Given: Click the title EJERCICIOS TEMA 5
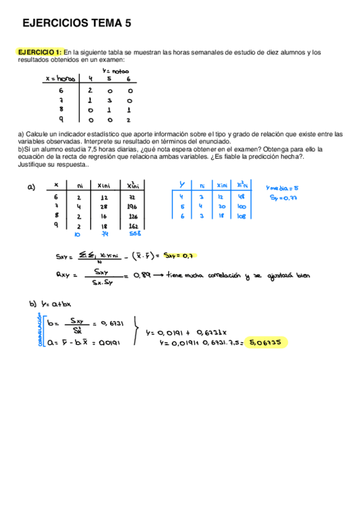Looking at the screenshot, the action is click(76, 23).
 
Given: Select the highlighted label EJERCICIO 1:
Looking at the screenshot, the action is click(40, 52).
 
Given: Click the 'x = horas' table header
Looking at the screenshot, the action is click(59, 79).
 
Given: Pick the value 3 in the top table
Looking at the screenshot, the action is click(109, 100).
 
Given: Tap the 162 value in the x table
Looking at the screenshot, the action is click(133, 226).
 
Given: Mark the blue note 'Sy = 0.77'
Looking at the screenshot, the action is click(281, 197).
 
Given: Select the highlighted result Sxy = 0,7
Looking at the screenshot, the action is click(181, 256).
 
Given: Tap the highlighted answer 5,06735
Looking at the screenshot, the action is click(267, 343).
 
